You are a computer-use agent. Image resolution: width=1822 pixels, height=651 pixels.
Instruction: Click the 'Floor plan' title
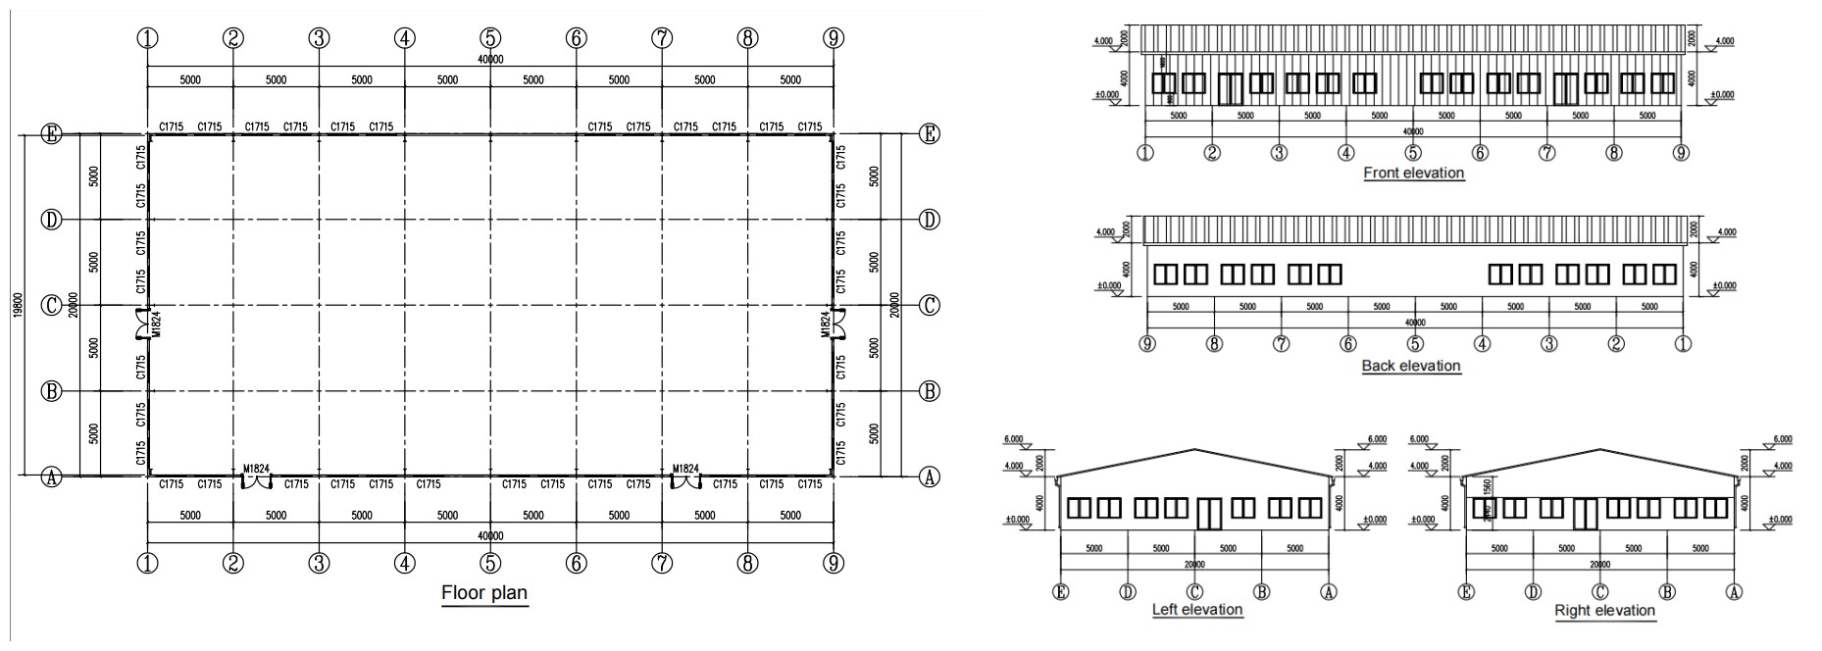[484, 592]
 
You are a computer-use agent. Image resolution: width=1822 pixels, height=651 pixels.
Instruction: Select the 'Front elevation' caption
[1413, 173]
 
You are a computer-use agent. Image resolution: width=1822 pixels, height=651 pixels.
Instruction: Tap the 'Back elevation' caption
[1410, 366]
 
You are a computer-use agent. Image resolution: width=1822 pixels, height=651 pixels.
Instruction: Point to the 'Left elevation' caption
[1196, 609]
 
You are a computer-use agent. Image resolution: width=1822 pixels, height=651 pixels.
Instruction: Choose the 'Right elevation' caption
[1604, 610]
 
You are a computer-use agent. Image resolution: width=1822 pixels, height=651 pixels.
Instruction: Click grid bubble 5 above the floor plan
[490, 38]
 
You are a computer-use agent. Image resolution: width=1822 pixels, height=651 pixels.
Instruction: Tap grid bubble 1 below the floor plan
[147, 563]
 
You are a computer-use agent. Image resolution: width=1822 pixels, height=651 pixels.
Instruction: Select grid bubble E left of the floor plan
[51, 134]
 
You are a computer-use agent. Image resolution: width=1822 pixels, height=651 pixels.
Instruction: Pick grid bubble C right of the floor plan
[929, 305]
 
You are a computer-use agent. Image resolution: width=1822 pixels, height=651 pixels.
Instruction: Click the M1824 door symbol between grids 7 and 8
[686, 479]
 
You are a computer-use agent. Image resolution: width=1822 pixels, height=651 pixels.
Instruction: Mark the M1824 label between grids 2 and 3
[256, 470]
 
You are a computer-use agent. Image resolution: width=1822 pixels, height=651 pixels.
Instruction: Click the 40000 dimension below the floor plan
[490, 536]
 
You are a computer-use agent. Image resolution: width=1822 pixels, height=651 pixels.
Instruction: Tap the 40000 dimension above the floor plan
[490, 60]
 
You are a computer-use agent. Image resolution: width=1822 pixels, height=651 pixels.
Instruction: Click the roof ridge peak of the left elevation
[1194, 450]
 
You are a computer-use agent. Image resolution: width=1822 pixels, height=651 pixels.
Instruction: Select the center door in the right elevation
[1585, 513]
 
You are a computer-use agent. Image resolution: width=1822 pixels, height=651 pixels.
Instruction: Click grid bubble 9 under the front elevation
[1681, 153]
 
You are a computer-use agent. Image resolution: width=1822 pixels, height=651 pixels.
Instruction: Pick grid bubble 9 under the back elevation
[1147, 344]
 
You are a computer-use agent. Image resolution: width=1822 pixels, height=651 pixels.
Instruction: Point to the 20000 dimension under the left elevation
[1193, 564]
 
